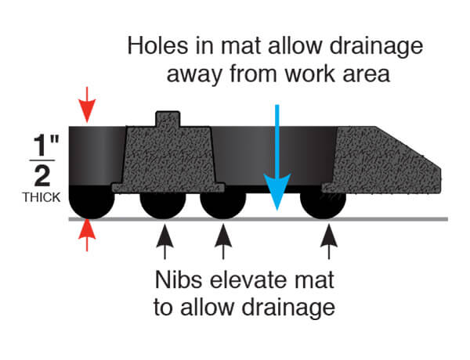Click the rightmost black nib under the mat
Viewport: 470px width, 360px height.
point(323,205)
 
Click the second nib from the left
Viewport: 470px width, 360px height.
point(163,205)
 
